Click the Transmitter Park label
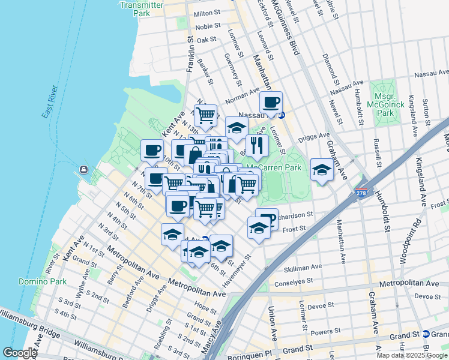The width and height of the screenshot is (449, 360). pos(142,8)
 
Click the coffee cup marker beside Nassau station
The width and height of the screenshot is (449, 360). pos(271,103)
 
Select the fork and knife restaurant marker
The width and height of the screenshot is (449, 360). pos(257,145)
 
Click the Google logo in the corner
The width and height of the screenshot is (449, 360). pos(20,352)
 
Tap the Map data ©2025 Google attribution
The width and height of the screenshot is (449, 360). pos(412,355)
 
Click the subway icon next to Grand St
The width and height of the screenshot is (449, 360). pos(426,334)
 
